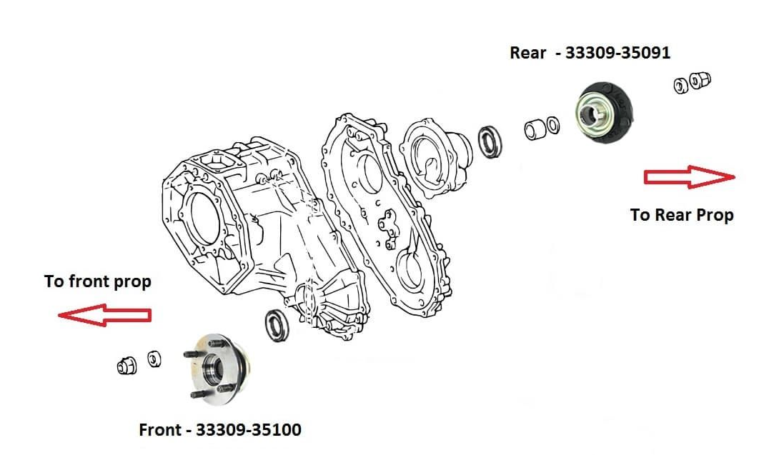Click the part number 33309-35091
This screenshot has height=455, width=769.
pyautogui.click(x=617, y=53)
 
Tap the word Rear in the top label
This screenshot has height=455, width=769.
pyautogui.click(x=528, y=53)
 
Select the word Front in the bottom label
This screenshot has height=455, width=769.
pyautogui.click(x=162, y=430)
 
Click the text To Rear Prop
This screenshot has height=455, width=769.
pyautogui.click(x=681, y=214)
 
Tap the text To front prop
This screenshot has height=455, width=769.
pyautogui.click(x=98, y=281)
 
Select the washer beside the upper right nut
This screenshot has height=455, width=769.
pyautogui.click(x=680, y=86)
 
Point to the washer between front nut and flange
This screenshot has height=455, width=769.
pyautogui.click(x=154, y=359)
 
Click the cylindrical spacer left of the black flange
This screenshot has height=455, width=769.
pyautogui.click(x=533, y=130)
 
